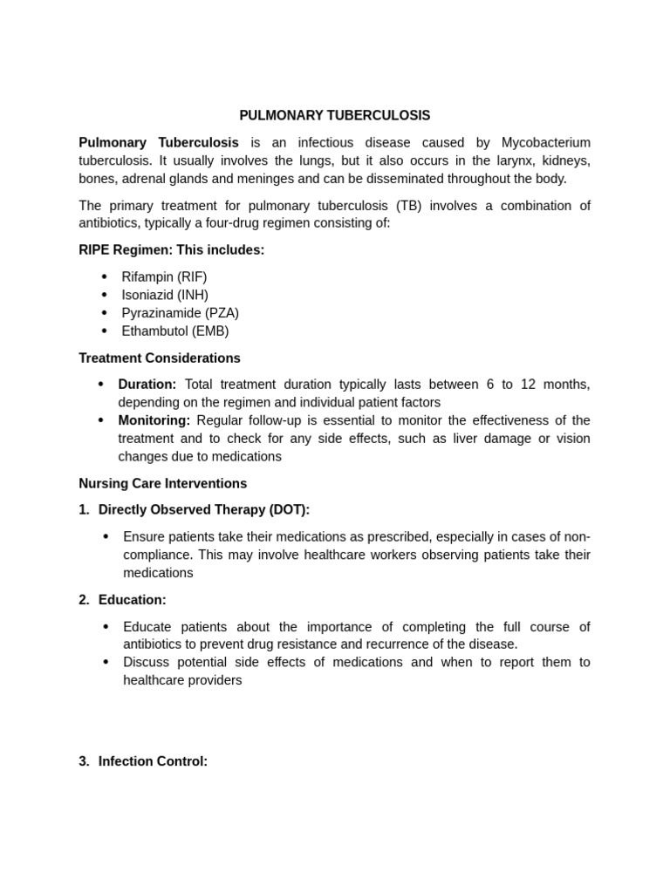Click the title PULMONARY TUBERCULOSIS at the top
point(335,115)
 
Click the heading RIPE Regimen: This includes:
point(171,250)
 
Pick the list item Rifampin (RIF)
point(164,276)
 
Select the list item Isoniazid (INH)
point(165,295)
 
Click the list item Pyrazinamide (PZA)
point(180,313)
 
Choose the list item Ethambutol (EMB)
point(174,331)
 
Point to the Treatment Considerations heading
point(160,358)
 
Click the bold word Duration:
point(147,385)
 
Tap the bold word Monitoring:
point(154,420)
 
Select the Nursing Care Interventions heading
point(163,483)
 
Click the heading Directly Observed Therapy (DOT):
point(204,509)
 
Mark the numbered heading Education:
point(132,600)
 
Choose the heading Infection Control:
point(153,761)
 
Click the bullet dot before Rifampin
point(105,276)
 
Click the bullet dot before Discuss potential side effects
point(106,662)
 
